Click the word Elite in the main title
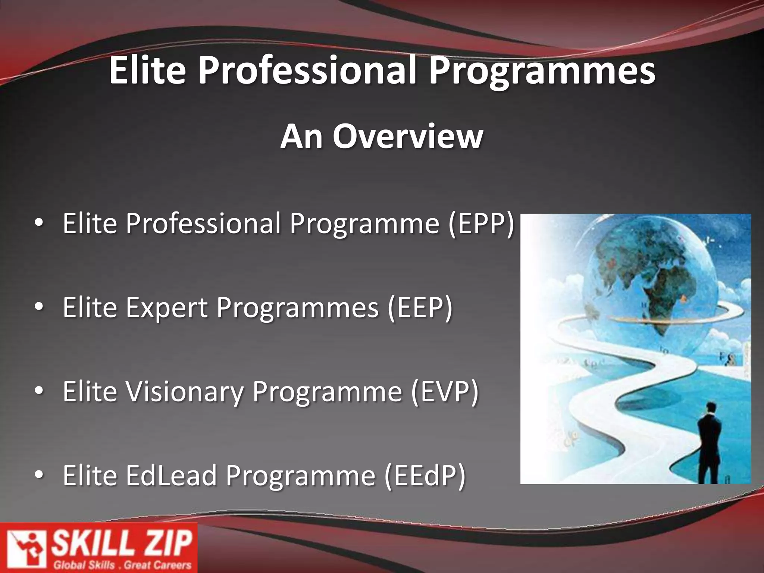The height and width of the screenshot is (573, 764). pyautogui.click(x=147, y=70)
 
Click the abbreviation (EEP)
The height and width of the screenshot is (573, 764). pyautogui.click(x=420, y=308)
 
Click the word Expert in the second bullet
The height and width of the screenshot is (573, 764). pyautogui.click(x=167, y=308)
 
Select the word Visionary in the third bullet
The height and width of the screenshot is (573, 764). pyautogui.click(x=184, y=392)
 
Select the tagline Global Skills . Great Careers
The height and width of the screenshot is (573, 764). pyautogui.click(x=122, y=565)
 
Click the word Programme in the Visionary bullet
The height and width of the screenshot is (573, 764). pyautogui.click(x=327, y=392)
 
